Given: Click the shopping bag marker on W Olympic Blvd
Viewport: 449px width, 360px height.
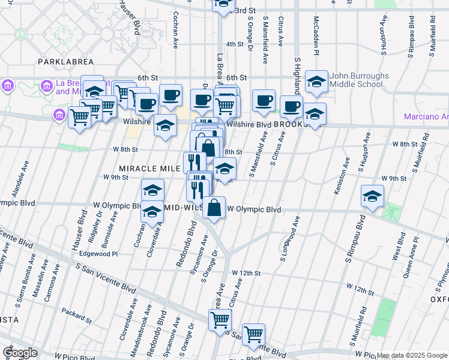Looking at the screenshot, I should coord(214,208).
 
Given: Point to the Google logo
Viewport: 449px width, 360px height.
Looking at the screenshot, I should coord(19,352).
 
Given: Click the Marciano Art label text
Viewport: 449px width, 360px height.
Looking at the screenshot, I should coord(426,116).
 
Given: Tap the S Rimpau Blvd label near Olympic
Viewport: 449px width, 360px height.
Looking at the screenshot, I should coord(355,239).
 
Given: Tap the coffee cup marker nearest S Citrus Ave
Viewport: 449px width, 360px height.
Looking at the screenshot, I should coord(291,107).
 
